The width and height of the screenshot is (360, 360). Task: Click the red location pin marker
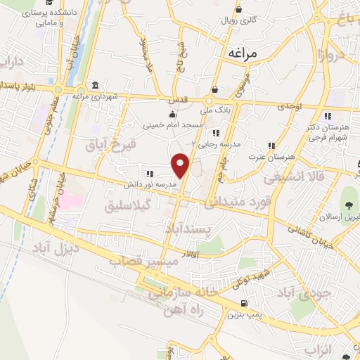[181, 165]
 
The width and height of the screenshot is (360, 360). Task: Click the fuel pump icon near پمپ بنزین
[244, 303]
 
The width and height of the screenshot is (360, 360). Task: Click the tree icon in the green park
[348, 205]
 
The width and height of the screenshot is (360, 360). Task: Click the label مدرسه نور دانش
[148, 185]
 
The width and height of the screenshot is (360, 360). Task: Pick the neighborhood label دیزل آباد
[55, 248]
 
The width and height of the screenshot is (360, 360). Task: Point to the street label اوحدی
[288, 105]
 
